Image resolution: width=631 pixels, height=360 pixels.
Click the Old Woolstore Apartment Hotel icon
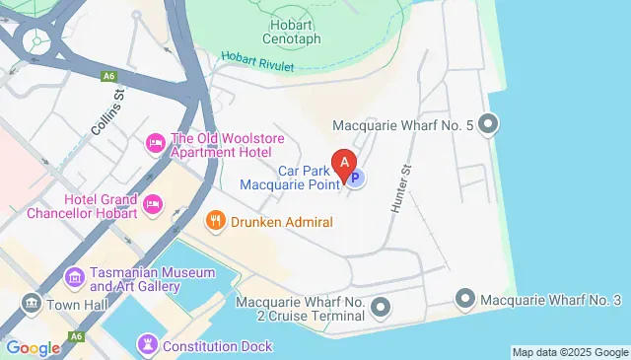click(155, 144)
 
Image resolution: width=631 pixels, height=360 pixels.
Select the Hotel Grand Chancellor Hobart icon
click(153, 205)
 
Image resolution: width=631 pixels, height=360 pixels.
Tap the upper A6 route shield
click(108, 74)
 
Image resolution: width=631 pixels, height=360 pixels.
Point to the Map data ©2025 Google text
click(570, 352)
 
